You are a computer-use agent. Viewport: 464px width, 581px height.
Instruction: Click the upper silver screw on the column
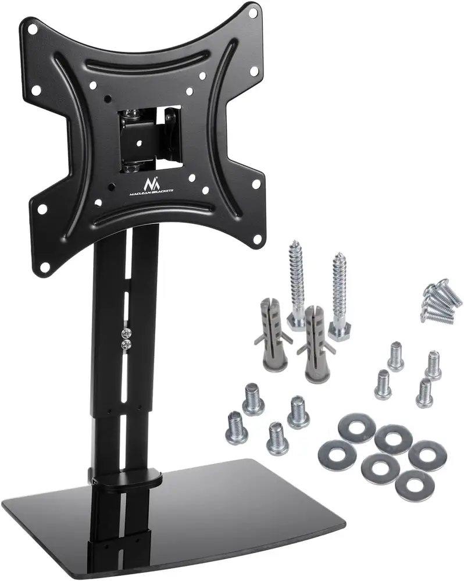tap(127, 333)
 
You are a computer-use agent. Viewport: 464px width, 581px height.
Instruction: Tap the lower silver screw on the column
tap(127, 344)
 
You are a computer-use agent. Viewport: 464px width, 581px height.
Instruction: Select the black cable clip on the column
tap(126, 477)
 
